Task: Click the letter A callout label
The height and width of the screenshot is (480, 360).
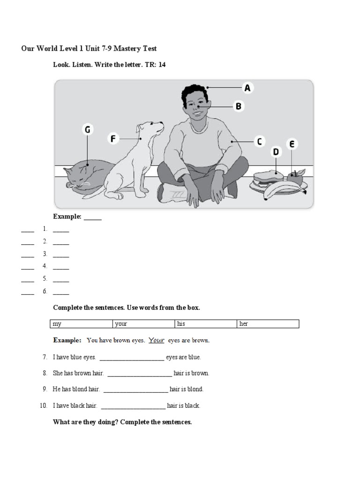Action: tap(247, 88)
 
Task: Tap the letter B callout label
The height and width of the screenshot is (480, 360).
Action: tap(238, 106)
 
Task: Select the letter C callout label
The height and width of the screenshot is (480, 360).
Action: tap(259, 142)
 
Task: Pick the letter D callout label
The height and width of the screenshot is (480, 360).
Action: tap(276, 152)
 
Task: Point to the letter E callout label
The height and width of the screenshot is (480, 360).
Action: tap(292, 144)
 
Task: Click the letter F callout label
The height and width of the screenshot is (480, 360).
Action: tap(112, 139)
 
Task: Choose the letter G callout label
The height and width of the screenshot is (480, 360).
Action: tap(87, 130)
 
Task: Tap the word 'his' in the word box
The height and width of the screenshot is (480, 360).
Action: tap(181, 324)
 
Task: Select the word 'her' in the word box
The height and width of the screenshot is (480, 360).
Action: tap(243, 324)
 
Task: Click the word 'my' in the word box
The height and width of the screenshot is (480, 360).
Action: tap(57, 324)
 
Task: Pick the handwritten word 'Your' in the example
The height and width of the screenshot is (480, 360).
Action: tap(157, 340)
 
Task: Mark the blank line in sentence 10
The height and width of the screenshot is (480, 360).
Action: tap(133, 406)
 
